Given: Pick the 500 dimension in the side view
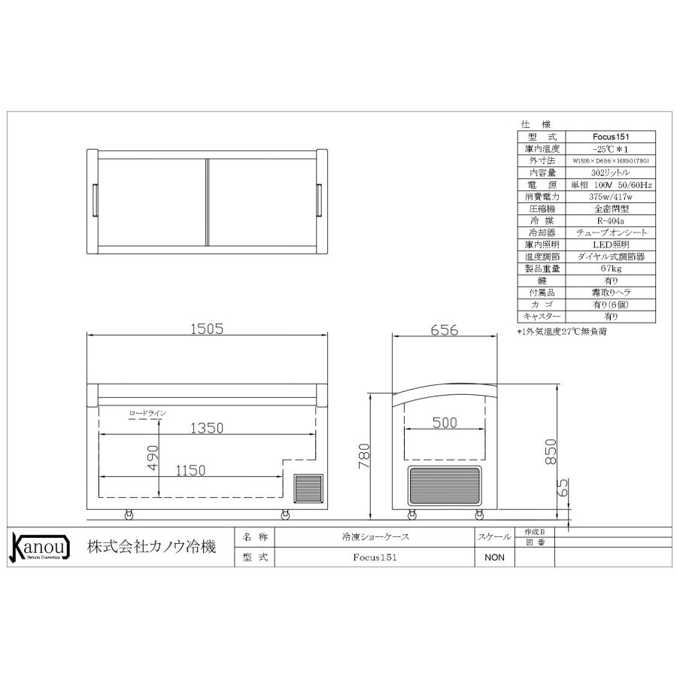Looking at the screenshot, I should click(445, 424).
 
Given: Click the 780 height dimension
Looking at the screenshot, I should click(365, 455).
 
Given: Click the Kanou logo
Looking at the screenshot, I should click(38, 547).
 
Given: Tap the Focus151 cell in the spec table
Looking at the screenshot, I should click(611, 138).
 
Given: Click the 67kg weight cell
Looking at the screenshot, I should click(611, 269).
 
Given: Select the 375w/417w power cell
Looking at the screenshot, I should click(611, 197).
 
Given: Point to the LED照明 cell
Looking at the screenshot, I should click(611, 245).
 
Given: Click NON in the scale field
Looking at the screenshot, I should click(493, 558).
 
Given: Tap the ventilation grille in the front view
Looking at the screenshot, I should click(307, 488).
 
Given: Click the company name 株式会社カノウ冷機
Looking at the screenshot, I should click(151, 548).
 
